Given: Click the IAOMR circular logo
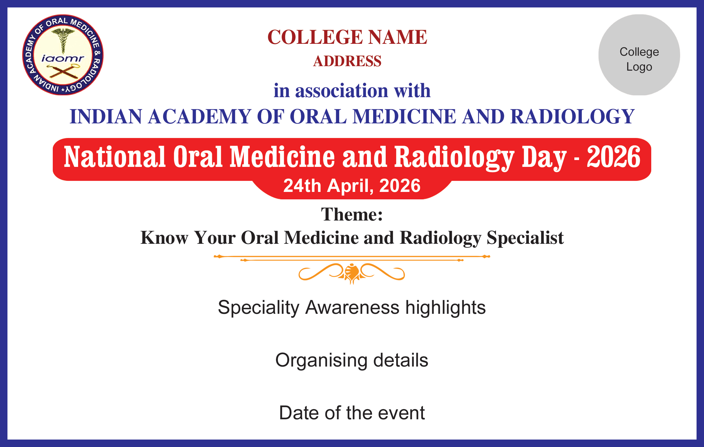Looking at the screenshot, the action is tap(63, 55).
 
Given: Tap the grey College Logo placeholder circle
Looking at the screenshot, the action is tap(639, 55).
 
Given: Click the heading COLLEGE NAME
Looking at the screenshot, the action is tap(347, 37).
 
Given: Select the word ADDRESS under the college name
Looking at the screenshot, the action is tap(347, 61).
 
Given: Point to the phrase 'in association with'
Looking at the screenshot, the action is tap(352, 90).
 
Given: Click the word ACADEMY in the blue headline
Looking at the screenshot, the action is tap(199, 116).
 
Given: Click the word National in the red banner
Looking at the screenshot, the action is tap(115, 157).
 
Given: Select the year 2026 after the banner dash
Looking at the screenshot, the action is tap(614, 157).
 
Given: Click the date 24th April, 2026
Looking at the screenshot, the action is tap(352, 186).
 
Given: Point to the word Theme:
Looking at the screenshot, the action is tap(352, 214).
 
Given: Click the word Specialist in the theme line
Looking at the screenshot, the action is tap(525, 238).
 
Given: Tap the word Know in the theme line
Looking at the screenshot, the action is tap(164, 238).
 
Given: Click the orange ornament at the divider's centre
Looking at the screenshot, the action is tap(352, 273).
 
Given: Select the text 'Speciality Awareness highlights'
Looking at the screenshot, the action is tap(352, 308).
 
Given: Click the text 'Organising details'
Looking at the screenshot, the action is tap(352, 360).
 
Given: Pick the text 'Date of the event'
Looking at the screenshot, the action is tap(352, 413).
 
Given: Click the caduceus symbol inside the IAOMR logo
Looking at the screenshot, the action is tap(63, 40).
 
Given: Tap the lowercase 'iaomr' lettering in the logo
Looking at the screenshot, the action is tap(63, 58).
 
